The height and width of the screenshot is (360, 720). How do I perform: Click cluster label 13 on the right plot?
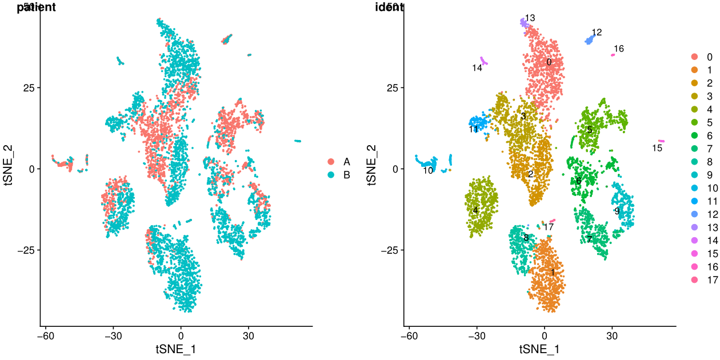tap(530, 18)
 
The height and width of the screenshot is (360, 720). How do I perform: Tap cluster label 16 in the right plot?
tap(619, 49)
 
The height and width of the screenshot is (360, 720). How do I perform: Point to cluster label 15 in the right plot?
tap(657, 149)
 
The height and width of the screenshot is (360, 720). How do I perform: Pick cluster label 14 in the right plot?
tap(478, 68)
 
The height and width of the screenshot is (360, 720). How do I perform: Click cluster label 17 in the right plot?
tap(549, 227)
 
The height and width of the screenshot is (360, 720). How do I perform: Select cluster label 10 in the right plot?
tap(428, 170)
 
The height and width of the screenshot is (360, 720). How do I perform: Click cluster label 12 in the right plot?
tap(597, 32)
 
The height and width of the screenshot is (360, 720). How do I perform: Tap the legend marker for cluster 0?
tap(694, 57)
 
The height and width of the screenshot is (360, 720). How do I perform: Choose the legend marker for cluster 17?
tap(694, 280)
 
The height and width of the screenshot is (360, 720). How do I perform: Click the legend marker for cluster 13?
tap(694, 227)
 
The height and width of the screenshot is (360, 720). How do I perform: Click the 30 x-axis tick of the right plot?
tap(612, 336)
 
